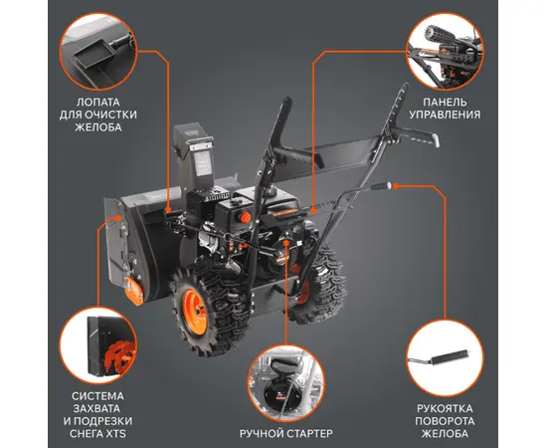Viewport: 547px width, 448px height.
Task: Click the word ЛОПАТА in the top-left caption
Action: point(98,103)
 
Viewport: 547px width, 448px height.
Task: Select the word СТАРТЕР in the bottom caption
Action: point(308,433)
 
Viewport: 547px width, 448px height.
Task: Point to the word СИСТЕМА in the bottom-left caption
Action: point(97,396)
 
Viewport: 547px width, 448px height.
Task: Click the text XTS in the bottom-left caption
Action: point(116,434)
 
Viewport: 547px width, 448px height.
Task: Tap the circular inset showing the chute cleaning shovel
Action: point(98,52)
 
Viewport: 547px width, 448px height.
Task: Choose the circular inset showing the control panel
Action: point(445,52)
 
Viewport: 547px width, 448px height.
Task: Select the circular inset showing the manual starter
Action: point(286,383)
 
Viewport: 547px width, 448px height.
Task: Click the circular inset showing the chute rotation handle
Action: point(446,358)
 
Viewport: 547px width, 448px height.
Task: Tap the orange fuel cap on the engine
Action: point(245,217)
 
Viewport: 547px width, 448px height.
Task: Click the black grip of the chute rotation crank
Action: point(381,185)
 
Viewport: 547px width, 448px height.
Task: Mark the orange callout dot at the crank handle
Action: point(395,186)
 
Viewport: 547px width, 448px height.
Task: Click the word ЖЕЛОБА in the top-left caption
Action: point(98,127)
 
